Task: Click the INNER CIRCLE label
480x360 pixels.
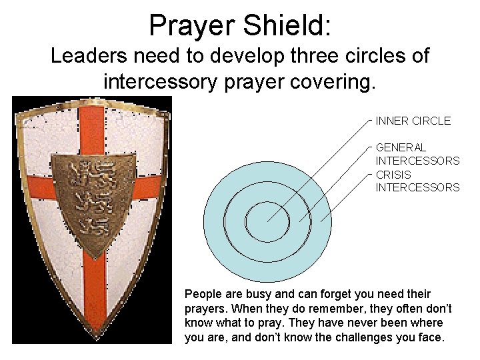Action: [413, 121]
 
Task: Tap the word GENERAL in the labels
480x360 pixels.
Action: [401, 147]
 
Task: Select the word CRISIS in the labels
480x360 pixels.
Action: [393, 175]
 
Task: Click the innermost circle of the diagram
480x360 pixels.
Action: [267, 222]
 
